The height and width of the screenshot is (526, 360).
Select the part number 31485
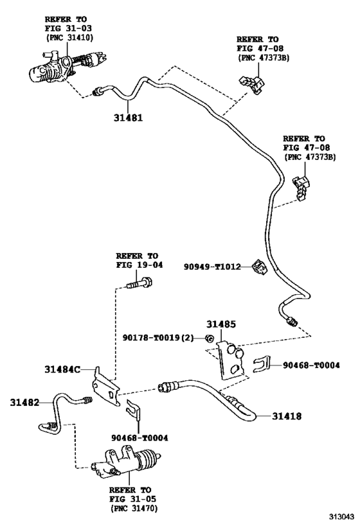[x=221, y=326]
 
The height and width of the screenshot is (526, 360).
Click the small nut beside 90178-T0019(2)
[x=210, y=338]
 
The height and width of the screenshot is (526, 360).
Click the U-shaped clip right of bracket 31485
[x=261, y=365]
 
